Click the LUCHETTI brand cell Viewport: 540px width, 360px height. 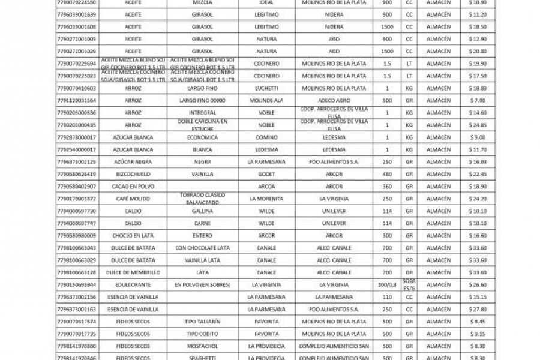[266, 88]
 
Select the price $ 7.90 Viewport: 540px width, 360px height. [478, 100]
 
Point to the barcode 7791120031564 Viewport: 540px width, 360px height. [76, 100]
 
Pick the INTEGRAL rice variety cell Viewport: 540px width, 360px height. [202, 113]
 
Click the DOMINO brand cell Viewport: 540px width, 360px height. [266, 137]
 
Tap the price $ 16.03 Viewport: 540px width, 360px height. [478, 162]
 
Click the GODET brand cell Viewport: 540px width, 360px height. [266, 174]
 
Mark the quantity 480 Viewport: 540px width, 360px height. [387, 174]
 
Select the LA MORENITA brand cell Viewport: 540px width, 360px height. [266, 199]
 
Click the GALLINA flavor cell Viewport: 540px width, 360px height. [202, 211]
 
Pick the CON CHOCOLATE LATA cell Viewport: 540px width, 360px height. [202, 248]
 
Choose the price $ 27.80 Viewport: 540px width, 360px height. [478, 310]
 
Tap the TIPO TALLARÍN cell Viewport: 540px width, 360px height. [202, 322]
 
